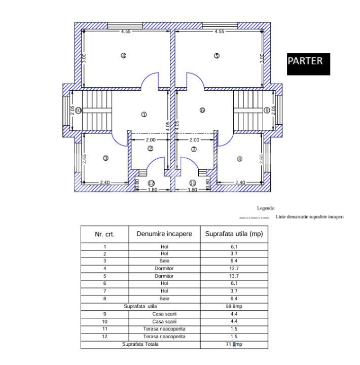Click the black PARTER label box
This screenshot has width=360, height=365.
[308, 64]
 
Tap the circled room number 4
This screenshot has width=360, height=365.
[123, 56]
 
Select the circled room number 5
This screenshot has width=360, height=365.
[217, 56]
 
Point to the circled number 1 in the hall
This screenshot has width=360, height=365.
[144, 115]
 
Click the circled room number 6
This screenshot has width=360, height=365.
[202, 110]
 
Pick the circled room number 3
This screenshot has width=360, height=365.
[105, 158]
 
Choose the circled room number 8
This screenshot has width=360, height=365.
[239, 159]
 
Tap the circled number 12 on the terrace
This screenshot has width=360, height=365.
[151, 183]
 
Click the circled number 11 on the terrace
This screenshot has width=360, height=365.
[193, 183]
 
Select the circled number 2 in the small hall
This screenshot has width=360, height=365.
[151, 149]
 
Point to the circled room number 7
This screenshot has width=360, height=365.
[194, 149]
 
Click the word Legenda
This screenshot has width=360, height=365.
[266, 208]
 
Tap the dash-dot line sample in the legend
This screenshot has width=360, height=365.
[254, 217]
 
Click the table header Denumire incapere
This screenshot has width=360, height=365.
[164, 234]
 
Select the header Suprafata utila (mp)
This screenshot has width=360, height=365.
[234, 234]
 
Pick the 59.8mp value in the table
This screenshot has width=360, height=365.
[234, 306]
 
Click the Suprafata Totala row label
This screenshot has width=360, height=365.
[140, 344]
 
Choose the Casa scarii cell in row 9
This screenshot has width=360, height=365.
[164, 314]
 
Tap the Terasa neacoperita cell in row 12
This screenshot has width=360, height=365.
[164, 337]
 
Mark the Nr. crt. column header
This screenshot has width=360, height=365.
[105, 235]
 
